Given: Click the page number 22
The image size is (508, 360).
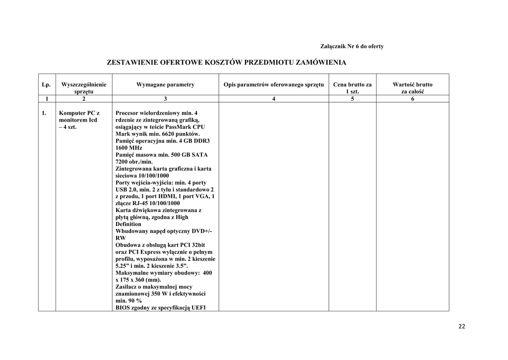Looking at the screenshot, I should (462, 326).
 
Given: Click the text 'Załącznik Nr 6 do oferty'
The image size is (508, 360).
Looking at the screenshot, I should (352, 47).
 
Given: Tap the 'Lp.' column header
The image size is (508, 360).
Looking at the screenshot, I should (47, 85).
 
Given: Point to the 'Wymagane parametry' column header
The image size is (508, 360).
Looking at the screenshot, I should (165, 85).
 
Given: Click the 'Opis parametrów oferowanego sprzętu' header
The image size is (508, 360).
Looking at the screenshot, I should (273, 85).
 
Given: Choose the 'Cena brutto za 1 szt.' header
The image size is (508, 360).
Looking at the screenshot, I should (352, 88).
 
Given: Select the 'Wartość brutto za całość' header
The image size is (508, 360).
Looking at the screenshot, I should (412, 88).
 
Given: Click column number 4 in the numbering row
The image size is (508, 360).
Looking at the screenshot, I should (273, 99).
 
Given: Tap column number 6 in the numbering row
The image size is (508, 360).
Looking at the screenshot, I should (412, 99).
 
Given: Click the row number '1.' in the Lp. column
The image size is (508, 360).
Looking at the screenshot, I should (45, 113).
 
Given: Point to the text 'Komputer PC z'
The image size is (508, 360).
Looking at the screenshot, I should (79, 113).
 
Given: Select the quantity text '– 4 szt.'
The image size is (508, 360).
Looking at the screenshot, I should (67, 127).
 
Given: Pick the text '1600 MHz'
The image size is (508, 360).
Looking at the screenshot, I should (128, 148).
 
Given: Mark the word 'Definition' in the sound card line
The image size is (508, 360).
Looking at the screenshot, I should (128, 224).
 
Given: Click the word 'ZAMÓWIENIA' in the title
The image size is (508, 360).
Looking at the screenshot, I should (321, 63).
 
